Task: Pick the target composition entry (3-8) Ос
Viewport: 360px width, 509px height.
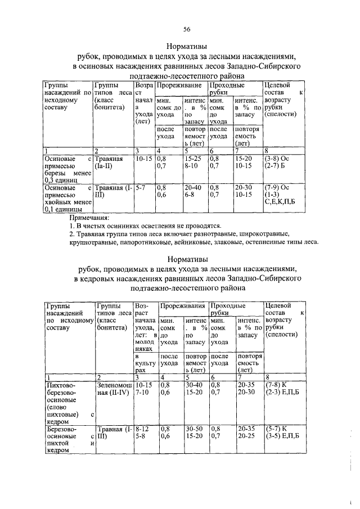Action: coord(277,159)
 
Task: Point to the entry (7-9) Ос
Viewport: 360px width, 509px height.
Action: coord(277,187)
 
